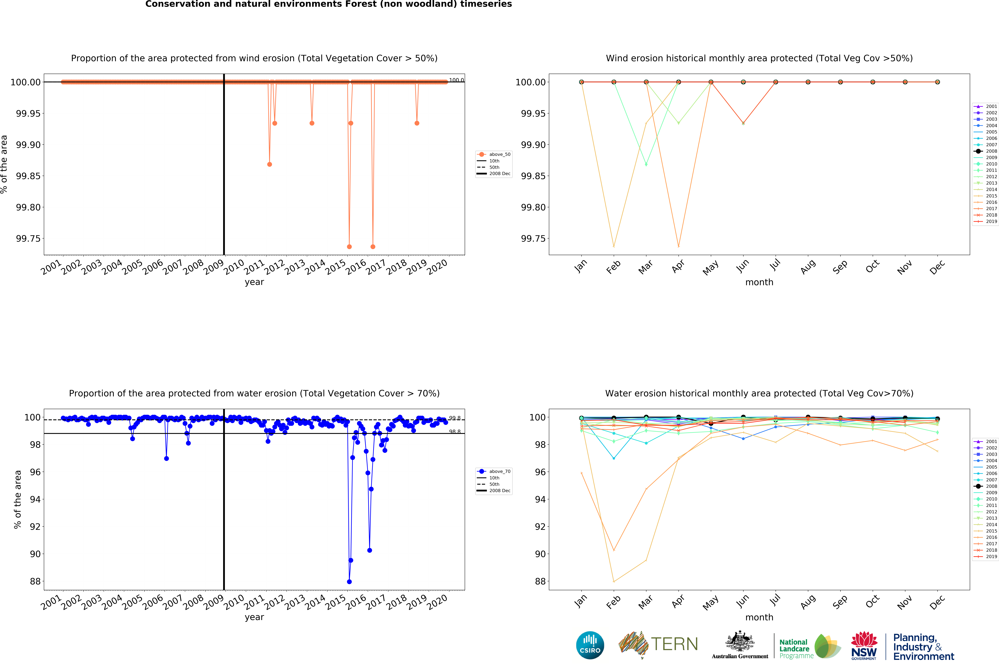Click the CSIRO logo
tap(590, 645)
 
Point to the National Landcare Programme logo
tap(809, 646)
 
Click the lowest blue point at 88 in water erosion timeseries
tap(349, 582)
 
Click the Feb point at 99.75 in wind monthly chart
tap(614, 246)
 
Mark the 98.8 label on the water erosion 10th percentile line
tap(455, 432)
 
